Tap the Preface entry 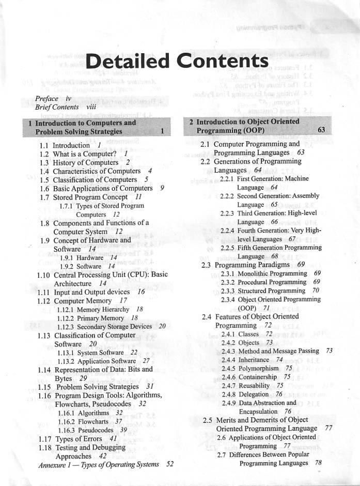[x=46, y=98]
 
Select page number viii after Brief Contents [x=91, y=107]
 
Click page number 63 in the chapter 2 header [x=321, y=130]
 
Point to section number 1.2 [x=44, y=154]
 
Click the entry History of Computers [x=85, y=162]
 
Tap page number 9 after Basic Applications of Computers [x=162, y=188]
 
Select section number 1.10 [x=43, y=275]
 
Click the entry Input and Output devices [x=91, y=292]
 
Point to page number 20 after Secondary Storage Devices [x=162, y=326]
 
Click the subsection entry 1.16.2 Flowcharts [x=90, y=421]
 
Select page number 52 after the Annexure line [x=169, y=464]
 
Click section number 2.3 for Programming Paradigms [x=206, y=265]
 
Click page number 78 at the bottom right [x=318, y=463]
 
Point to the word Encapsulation [x=258, y=411]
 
